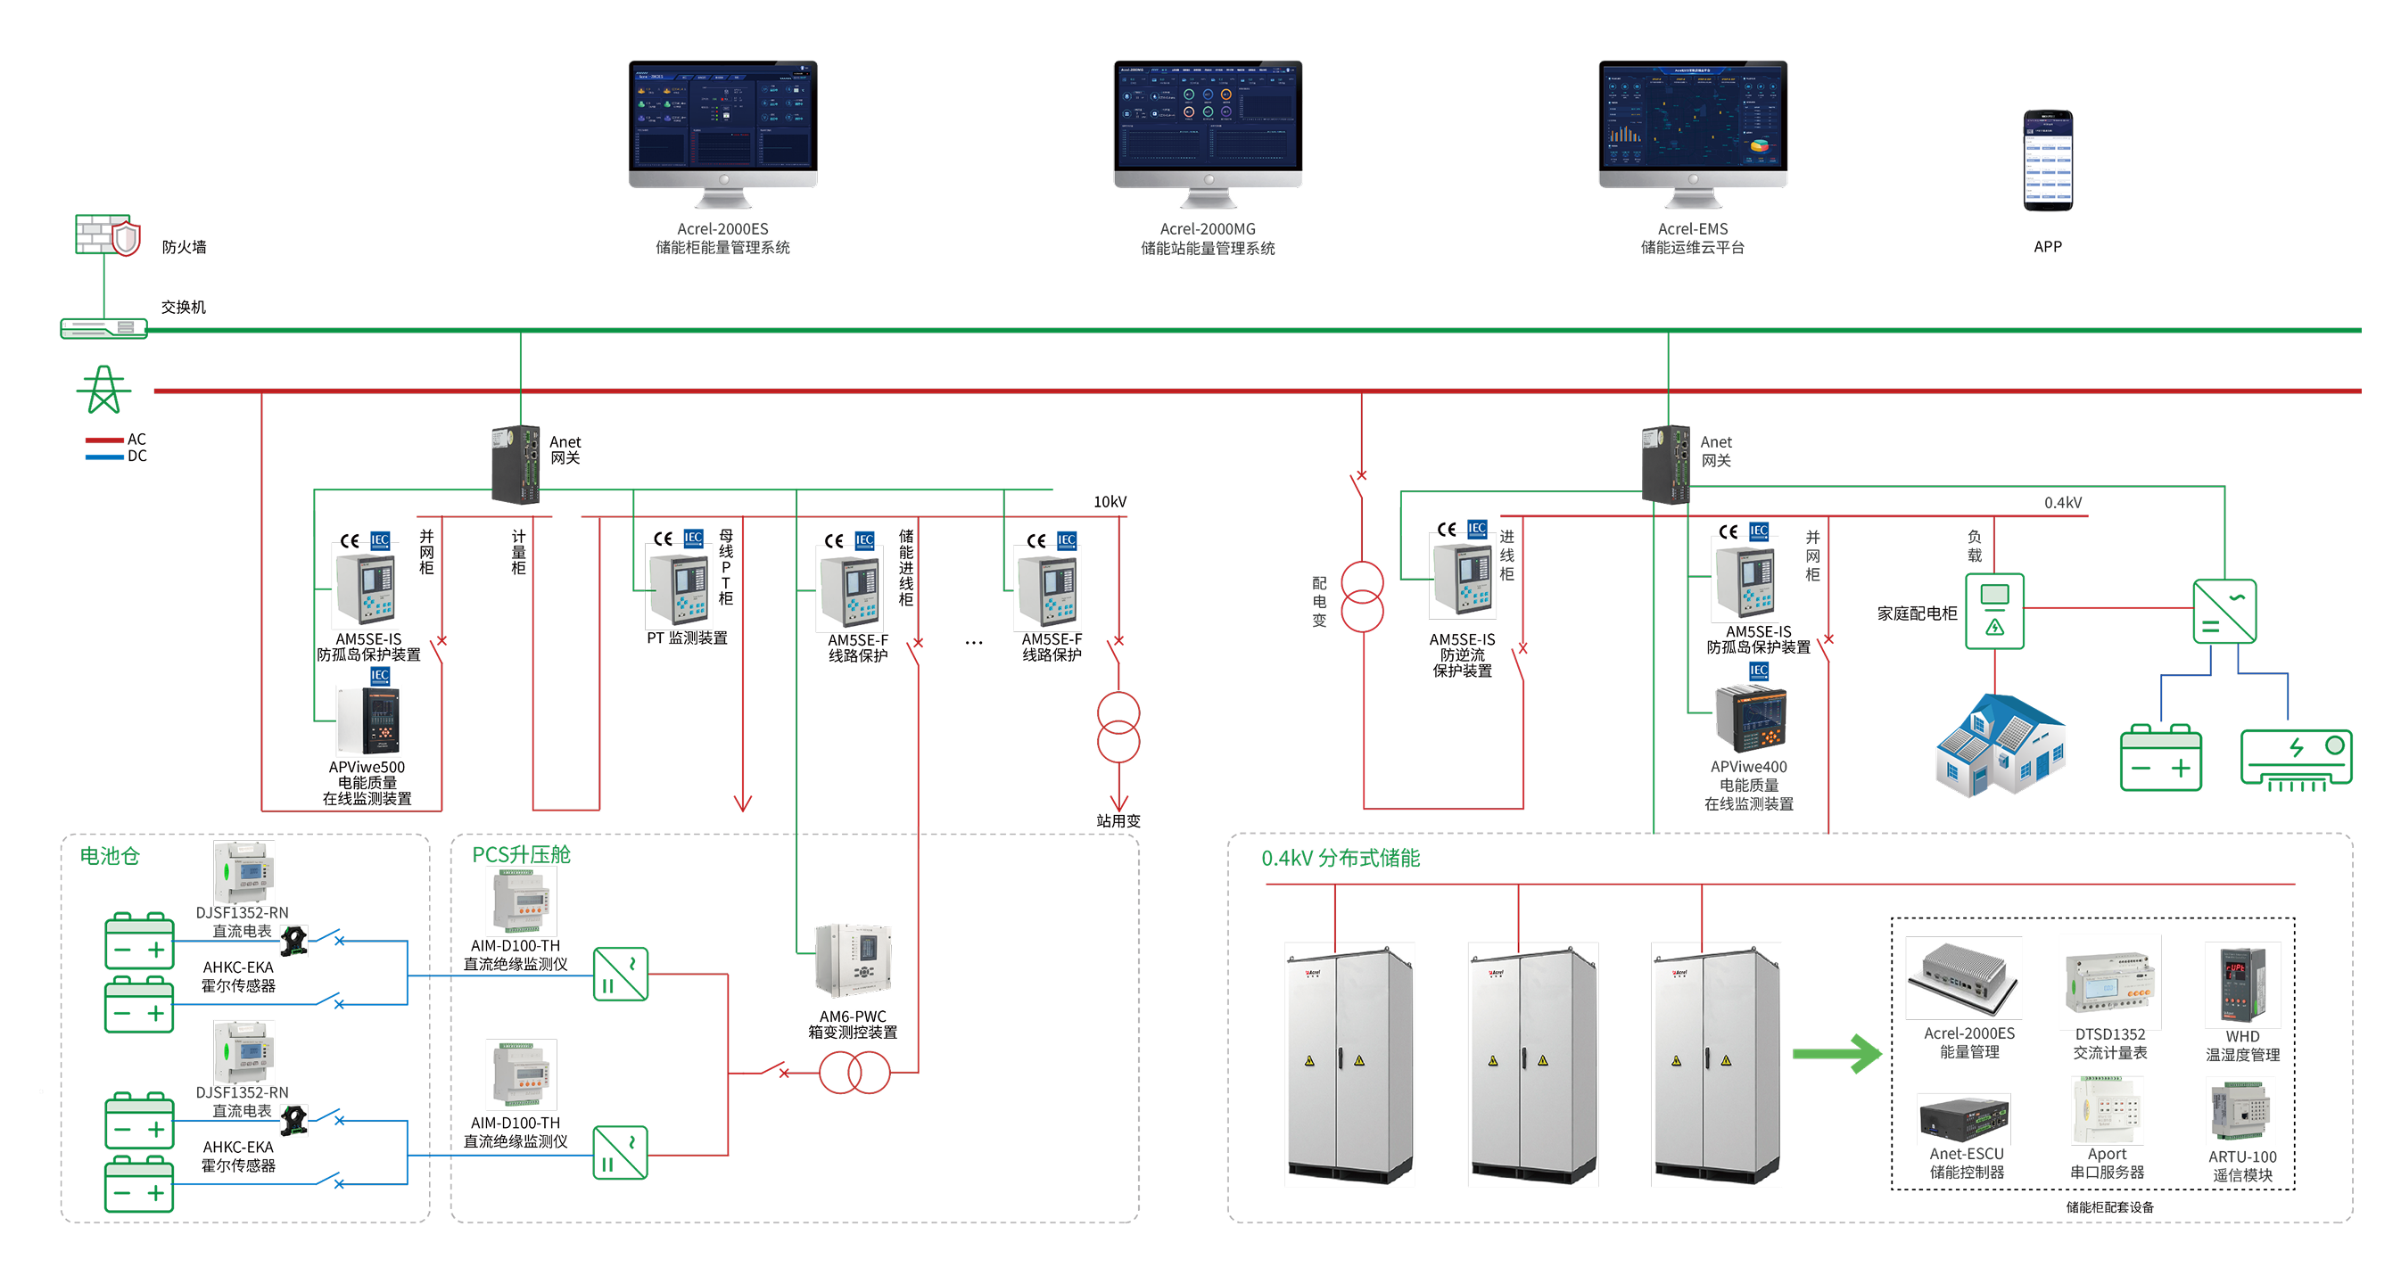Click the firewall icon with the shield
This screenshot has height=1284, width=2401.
(107, 234)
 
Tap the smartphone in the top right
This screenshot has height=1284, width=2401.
(2047, 160)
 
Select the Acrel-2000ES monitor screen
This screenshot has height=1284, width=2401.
(722, 116)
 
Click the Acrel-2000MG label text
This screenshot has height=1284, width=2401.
(1207, 229)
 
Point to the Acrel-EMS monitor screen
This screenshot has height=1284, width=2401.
(1693, 116)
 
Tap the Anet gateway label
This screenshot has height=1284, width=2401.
(1716, 451)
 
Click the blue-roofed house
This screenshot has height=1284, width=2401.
(2001, 745)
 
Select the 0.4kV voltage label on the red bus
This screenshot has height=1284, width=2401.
(2063, 503)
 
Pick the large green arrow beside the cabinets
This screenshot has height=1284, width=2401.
(1838, 1054)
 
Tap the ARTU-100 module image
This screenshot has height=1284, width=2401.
(2240, 1111)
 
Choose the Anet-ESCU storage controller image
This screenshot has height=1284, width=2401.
(1964, 1119)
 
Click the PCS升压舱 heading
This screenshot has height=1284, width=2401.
(521, 854)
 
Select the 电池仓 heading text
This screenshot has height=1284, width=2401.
(110, 855)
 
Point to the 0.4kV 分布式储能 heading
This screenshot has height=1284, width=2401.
(1341, 858)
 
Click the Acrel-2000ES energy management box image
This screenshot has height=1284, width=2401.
(1964, 978)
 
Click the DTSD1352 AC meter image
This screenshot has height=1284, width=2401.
(2109, 981)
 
